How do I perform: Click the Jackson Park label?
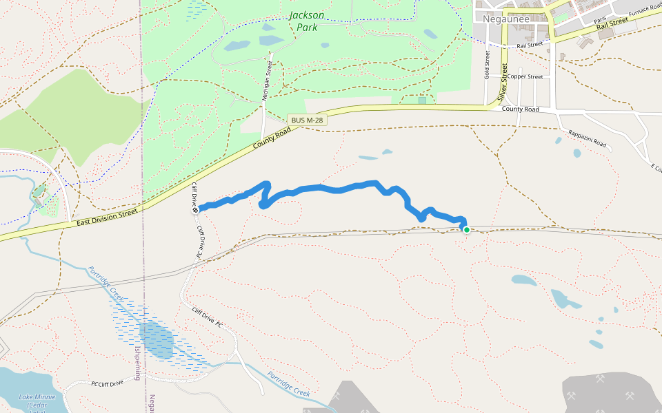click(307, 21)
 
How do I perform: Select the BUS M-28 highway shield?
click(308, 120)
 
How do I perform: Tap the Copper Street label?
click(525, 76)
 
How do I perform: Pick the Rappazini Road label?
click(587, 138)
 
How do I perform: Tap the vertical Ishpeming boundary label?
click(137, 363)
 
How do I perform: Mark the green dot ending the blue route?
click(467, 230)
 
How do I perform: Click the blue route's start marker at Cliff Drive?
click(197, 209)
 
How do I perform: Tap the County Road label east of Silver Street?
click(520, 109)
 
